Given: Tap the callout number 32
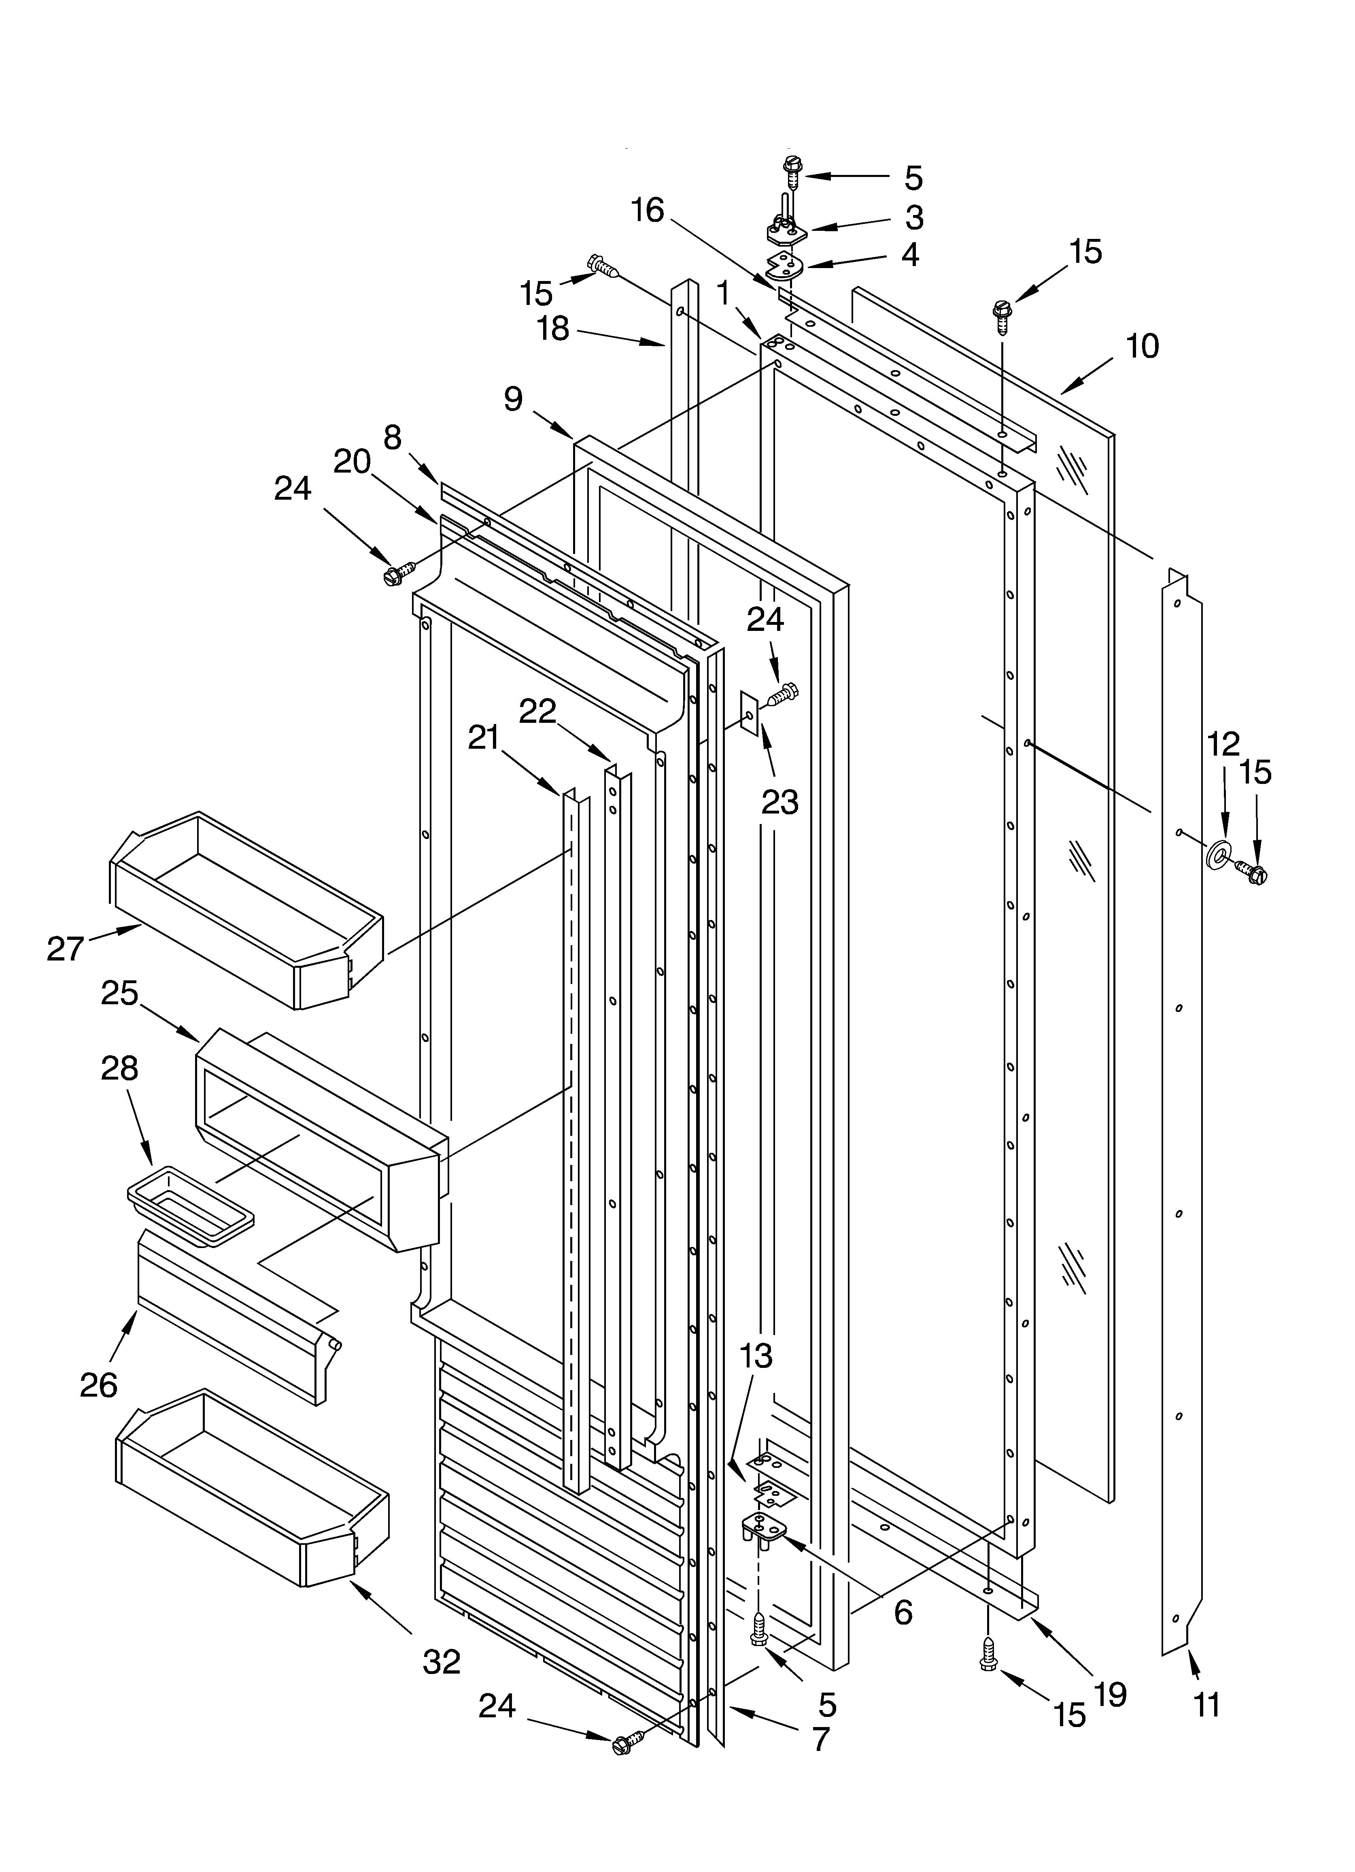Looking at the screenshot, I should pyautogui.click(x=442, y=1661).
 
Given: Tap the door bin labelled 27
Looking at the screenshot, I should pyautogui.click(x=248, y=908).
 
